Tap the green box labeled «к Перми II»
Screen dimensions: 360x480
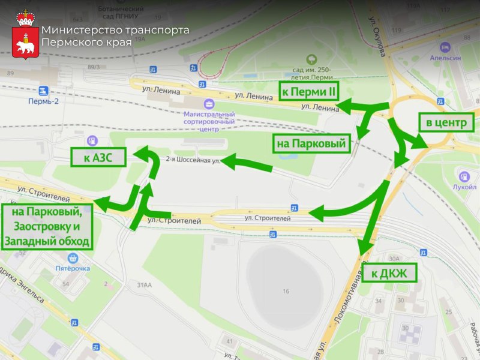308,91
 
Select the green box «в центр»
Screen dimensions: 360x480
446,124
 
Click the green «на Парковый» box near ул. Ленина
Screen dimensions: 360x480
311,144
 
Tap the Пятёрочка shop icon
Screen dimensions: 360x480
73,258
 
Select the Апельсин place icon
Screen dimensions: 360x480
445,47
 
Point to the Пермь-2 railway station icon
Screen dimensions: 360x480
43,91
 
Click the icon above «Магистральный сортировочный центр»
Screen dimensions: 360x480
208,104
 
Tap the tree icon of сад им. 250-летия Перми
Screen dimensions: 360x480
311,59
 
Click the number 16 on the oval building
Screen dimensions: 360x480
286,291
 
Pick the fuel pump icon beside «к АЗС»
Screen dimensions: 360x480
92,141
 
